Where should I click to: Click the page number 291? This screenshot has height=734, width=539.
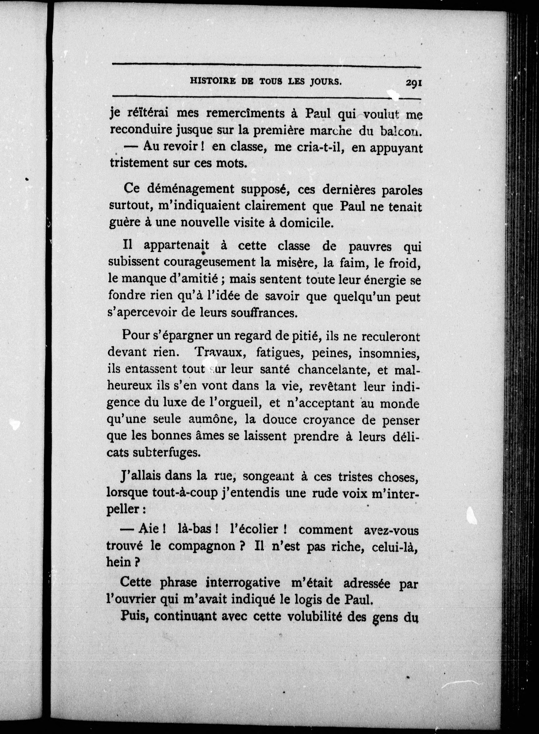tap(414, 83)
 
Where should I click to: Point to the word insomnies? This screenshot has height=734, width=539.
tap(388, 353)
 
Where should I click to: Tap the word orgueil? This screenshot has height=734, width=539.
tap(241, 403)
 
